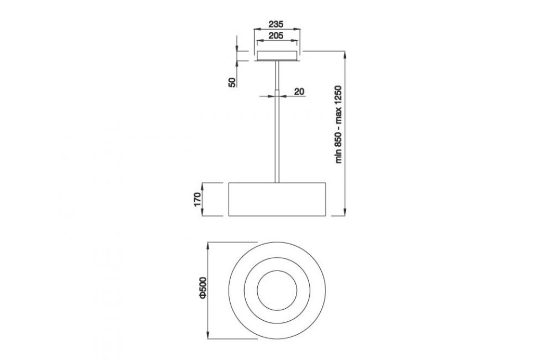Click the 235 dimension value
(276, 24)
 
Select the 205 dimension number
(276, 35)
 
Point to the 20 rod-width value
(299, 91)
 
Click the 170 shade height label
(196, 199)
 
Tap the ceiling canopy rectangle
(276, 56)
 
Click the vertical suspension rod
(276, 132)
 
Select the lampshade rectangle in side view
(276, 199)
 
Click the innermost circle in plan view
(276, 290)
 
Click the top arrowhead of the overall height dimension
(345, 53)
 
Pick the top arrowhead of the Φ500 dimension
(210, 245)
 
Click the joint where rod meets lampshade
(276, 182)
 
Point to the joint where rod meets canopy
(276, 62)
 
